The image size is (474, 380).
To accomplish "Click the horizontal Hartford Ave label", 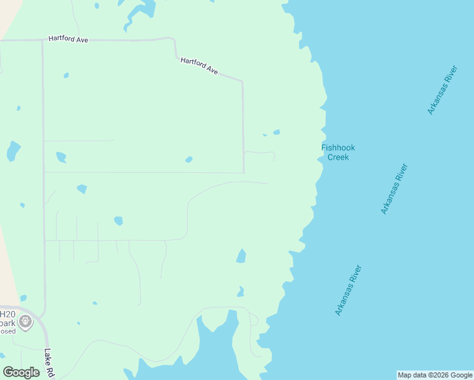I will pos(68,40).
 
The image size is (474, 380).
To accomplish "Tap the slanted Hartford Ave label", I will pos(199,66).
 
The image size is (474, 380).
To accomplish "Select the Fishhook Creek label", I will pos(335,153).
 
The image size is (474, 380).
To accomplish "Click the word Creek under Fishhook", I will pos(338,158).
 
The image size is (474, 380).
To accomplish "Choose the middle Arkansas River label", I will pos(395,189).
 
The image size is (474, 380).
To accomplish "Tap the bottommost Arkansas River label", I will pos(349,290).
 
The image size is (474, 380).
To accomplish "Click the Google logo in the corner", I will pos(21,372).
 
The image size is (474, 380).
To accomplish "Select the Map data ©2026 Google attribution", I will pos(435,375).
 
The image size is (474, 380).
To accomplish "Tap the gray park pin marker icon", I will pos(25,322).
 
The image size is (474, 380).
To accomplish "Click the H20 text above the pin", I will pos(7,314).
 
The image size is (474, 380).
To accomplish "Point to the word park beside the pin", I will pos(7,323).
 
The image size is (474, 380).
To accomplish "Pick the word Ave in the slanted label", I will pos(212,72).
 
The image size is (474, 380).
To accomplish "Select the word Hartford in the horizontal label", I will pos(62,40).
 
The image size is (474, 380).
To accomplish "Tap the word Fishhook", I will pos(335,148).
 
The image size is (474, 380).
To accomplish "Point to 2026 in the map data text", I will pos(442,375).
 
